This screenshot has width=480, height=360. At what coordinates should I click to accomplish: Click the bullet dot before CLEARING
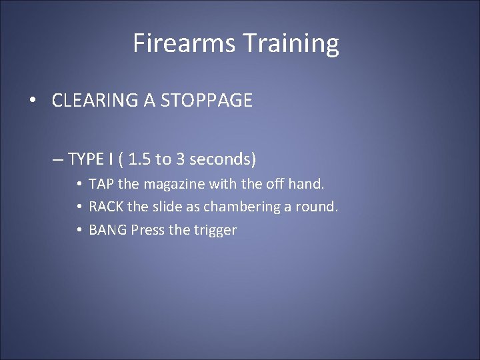click(33, 101)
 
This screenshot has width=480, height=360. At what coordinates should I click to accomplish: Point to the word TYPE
click(85, 159)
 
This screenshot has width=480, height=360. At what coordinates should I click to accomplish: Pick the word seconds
click(221, 159)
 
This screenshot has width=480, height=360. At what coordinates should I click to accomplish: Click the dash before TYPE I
click(58, 160)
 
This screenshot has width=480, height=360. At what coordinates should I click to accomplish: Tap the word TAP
click(102, 183)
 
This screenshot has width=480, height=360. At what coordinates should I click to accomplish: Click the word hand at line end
click(307, 183)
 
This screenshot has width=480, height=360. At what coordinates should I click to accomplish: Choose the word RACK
click(106, 207)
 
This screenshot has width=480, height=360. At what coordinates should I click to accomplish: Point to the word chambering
click(241, 207)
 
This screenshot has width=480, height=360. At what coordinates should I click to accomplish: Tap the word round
click(319, 207)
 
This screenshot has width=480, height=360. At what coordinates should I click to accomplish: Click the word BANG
click(108, 231)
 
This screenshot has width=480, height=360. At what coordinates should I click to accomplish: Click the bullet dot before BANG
click(79, 231)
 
